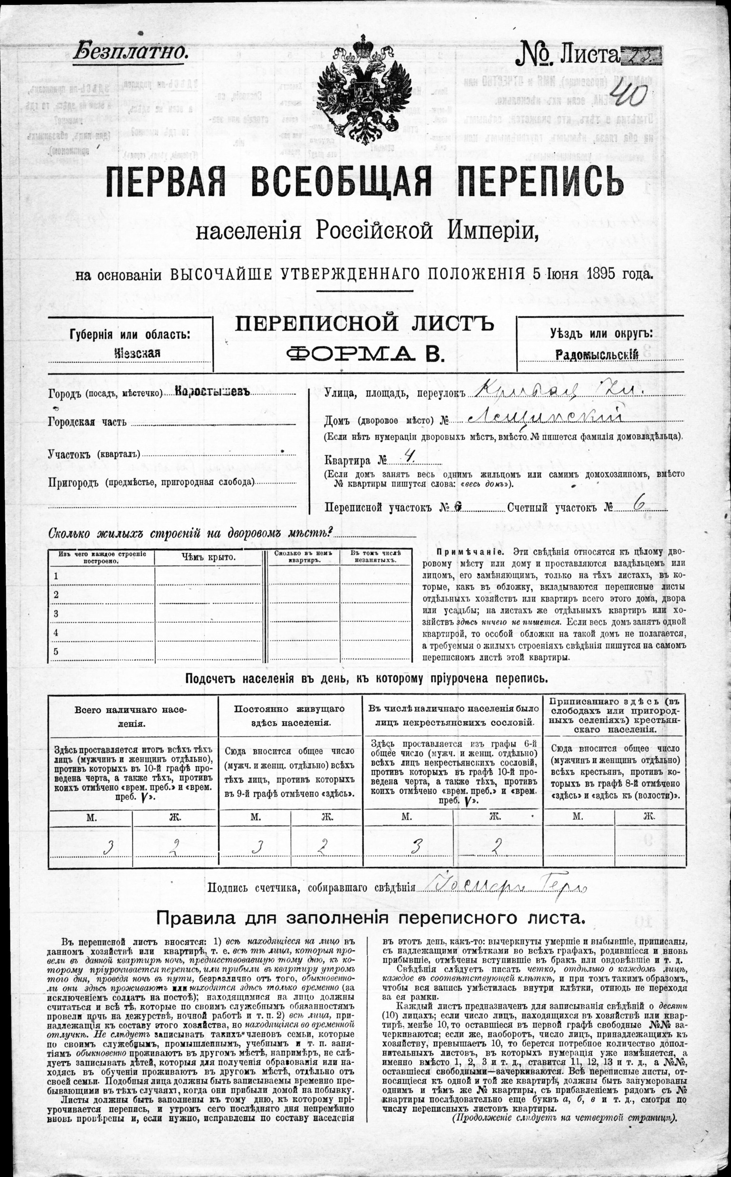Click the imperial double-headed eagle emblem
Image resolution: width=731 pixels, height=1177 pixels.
click(x=364, y=89)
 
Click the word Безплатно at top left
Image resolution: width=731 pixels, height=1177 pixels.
click(x=130, y=52)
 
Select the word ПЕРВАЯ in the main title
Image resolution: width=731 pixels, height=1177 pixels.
click(x=166, y=182)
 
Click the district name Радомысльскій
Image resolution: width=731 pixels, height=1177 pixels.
click(x=597, y=355)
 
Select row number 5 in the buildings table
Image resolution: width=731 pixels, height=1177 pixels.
click(x=56, y=651)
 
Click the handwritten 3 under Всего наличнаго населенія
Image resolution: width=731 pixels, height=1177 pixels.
click(x=110, y=847)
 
